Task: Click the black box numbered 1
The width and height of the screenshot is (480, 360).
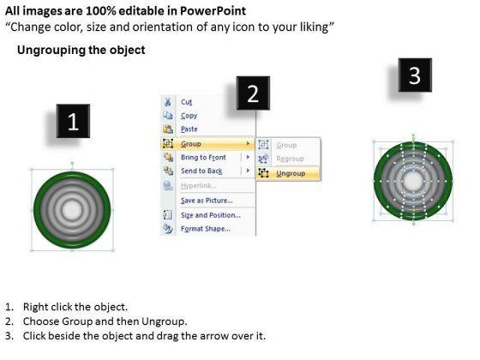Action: [x=73, y=121]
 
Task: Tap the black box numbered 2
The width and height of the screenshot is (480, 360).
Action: [x=253, y=93]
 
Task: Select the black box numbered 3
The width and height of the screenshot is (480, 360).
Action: [x=415, y=75]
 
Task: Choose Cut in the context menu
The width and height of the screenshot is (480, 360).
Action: [x=187, y=102]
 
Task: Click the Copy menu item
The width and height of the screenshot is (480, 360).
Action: [x=189, y=116]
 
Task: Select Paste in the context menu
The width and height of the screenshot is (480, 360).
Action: [x=189, y=129]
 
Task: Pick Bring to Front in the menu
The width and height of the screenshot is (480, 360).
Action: [x=203, y=158]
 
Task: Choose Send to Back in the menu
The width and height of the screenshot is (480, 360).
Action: [x=201, y=171]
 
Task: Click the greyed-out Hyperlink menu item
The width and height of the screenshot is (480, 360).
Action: [x=199, y=186]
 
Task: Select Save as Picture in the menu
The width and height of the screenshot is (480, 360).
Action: [x=207, y=201]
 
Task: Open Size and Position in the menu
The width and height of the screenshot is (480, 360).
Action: [x=211, y=215]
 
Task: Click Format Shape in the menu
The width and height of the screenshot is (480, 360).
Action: [x=206, y=229]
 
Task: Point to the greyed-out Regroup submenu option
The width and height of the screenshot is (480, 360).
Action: [x=290, y=159]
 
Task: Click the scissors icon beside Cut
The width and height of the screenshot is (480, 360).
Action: [x=168, y=102]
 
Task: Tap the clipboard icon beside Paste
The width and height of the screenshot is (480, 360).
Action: [x=168, y=129]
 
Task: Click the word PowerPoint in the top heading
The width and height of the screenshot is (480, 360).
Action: [x=213, y=11]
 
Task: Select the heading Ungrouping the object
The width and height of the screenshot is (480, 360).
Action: [x=81, y=50]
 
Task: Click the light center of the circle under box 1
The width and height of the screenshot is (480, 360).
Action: [x=72, y=210]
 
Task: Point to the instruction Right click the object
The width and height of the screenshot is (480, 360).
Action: [x=75, y=307]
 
